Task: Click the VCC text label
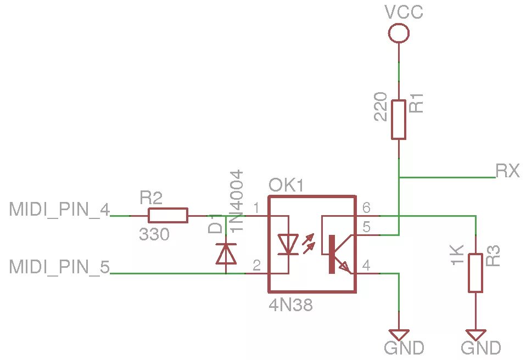404,12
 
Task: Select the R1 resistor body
399,120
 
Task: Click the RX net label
507,171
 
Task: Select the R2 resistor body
167,216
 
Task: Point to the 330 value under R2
154,235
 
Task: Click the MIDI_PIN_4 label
59,209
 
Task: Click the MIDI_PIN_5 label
59,267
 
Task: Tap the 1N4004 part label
237,200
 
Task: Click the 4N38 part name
290,305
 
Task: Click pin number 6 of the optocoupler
366,208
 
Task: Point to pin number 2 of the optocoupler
256,266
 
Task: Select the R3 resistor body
475,272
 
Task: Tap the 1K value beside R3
458,255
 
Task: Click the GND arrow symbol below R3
475,334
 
